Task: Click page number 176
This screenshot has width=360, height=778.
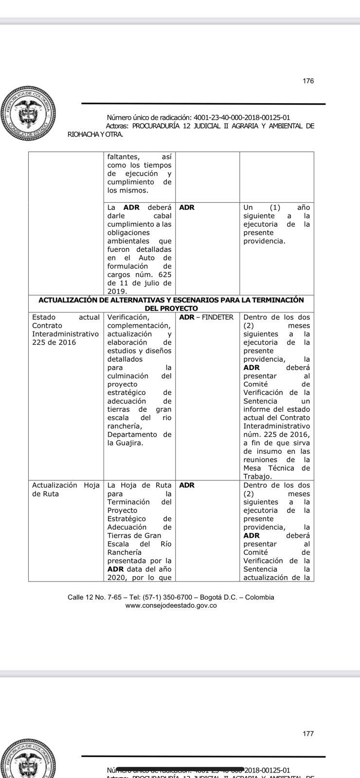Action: point(308,81)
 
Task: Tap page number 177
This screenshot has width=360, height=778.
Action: point(308,734)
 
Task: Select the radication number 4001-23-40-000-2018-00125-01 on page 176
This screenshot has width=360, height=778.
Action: point(242,117)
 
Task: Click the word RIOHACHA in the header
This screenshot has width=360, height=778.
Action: point(83,134)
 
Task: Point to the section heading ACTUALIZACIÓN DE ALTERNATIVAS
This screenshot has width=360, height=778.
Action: point(171,300)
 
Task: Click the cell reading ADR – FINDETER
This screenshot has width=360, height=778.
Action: point(206,317)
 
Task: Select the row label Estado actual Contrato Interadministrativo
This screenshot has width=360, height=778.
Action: point(65,330)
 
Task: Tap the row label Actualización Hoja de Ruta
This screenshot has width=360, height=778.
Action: point(65,489)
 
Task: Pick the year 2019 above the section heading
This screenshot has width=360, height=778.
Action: point(116,291)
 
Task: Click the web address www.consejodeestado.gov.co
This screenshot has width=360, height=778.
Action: point(171,605)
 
